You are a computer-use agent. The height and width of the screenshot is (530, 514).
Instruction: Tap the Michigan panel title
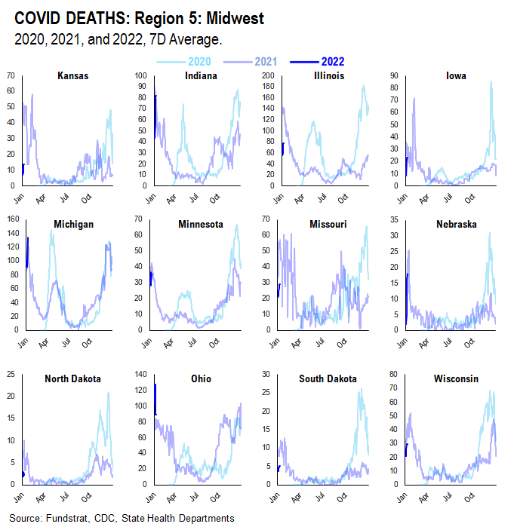(73, 224)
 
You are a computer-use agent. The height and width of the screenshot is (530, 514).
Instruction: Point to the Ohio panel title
(199, 378)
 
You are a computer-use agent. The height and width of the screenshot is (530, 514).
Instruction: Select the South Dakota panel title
(328, 378)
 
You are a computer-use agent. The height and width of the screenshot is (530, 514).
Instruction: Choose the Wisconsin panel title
(454, 378)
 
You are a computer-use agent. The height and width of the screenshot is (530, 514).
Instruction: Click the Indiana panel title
(200, 76)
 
